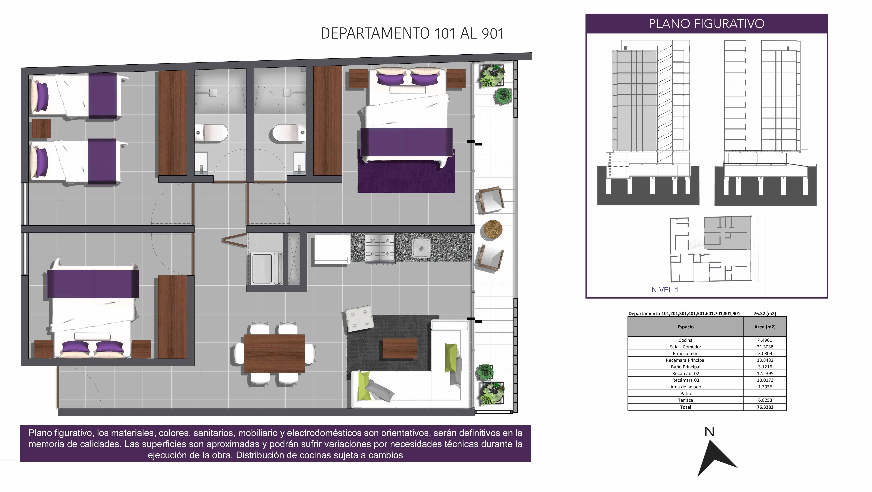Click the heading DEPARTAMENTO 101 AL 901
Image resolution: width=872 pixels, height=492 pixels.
412,33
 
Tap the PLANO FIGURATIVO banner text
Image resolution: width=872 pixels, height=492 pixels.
707,24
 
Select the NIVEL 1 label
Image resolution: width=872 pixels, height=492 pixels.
665,290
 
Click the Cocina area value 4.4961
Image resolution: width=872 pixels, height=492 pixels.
765,340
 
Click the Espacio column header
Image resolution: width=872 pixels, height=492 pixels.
685,327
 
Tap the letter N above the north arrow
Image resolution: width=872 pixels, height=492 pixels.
709,432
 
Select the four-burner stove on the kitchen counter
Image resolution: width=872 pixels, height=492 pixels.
380,248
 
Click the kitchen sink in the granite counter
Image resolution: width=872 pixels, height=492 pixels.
421,248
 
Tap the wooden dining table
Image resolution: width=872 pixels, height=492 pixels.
274,353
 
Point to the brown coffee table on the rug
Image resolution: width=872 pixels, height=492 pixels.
400,348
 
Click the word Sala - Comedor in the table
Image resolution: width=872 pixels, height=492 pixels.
685,347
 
